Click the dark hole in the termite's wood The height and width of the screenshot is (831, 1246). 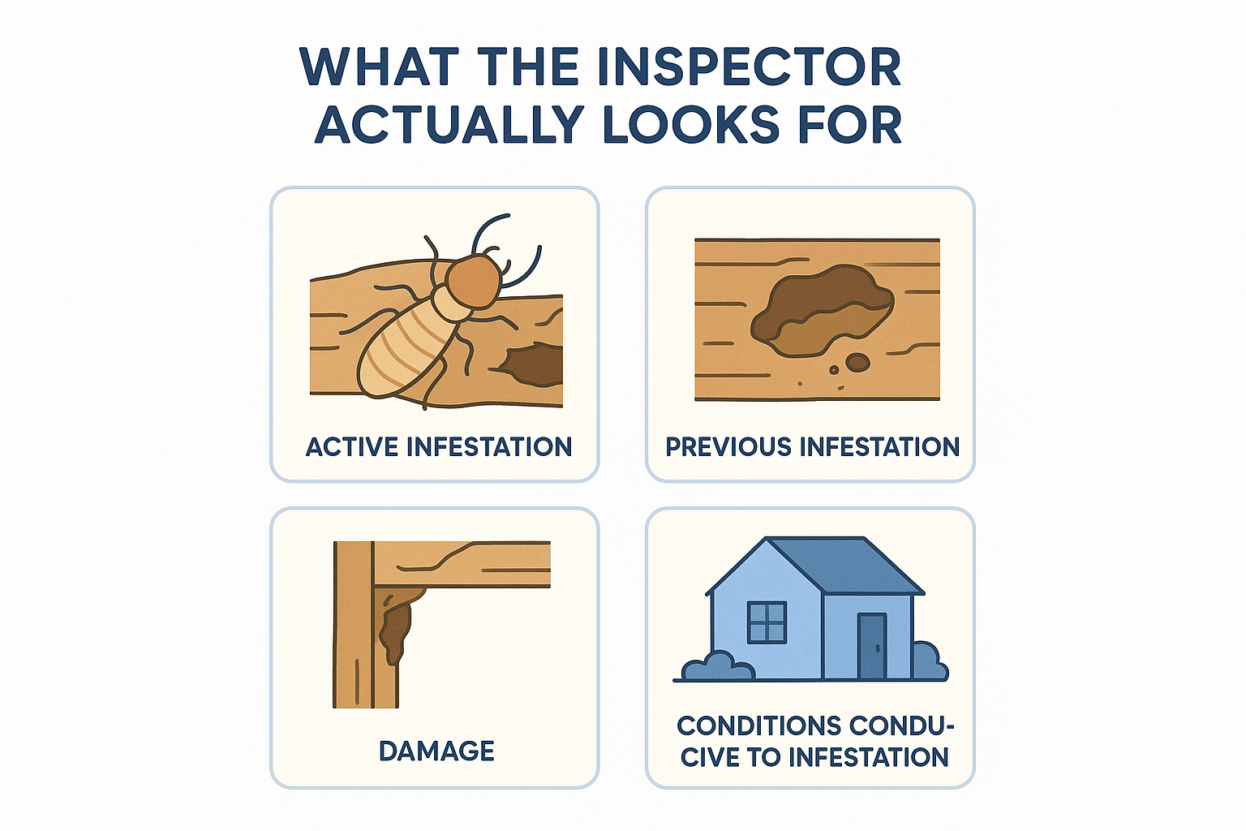531,364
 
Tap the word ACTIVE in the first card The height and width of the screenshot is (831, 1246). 353,447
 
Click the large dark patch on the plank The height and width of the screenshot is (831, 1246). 822,310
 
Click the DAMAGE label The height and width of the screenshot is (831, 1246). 436,751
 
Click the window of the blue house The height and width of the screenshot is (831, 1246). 767,622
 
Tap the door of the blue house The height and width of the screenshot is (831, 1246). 872,646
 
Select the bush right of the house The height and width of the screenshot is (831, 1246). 930,661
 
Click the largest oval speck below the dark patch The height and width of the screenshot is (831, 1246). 857,362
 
